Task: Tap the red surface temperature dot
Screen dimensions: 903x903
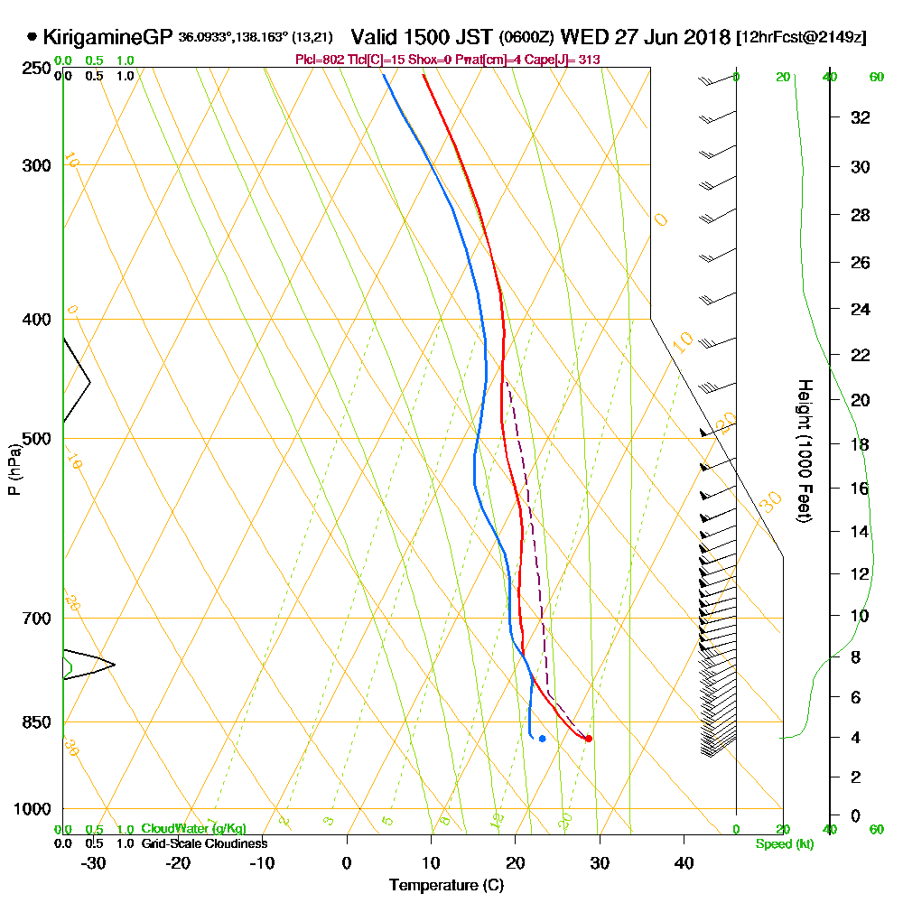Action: (x=588, y=739)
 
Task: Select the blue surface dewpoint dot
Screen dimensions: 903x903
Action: (x=542, y=739)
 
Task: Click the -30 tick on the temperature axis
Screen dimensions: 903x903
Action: (x=94, y=862)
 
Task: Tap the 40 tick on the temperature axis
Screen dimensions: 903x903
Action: (x=684, y=862)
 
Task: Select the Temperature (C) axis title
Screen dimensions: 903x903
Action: (x=446, y=886)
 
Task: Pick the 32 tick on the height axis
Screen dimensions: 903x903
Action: (x=861, y=117)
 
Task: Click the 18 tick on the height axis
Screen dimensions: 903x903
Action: (x=861, y=444)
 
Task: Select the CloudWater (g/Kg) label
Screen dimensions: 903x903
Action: (x=193, y=829)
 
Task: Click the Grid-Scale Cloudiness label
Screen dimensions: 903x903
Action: (x=204, y=843)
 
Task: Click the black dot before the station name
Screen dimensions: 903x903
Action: (x=33, y=38)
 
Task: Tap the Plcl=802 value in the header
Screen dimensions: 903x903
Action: (x=315, y=60)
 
